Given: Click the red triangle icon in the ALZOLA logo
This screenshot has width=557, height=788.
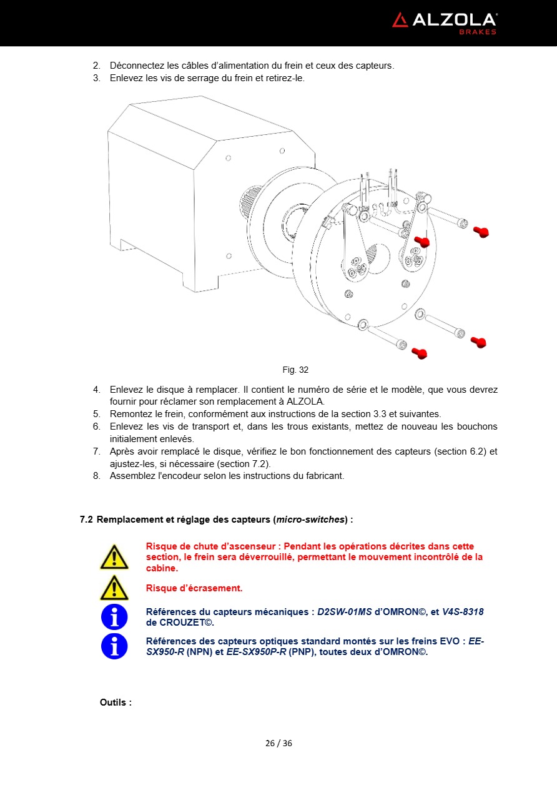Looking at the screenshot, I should coord(400,20).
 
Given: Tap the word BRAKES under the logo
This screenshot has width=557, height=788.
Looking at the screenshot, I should coord(478,32).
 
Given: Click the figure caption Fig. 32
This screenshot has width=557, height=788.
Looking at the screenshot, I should coord(295,370).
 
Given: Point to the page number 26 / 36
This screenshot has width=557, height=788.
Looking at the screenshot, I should coord(278,743).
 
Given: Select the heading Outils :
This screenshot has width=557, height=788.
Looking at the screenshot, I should coord(116,702).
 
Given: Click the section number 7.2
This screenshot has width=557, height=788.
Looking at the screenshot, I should coord(86,520).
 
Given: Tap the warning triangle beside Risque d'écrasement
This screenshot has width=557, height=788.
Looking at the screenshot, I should coord(114,588).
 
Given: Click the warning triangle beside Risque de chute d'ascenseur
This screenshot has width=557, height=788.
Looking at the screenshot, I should coord(114,557).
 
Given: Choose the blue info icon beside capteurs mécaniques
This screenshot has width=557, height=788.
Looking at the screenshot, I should coord(114,617).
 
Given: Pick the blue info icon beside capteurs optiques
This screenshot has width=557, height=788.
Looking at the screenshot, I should coord(114,646).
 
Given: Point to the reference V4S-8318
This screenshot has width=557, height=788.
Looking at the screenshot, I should coord(463,612).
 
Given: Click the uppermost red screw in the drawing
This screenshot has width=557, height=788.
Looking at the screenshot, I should coord(480,232).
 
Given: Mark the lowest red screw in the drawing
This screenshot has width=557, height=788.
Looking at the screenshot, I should coord(420,354).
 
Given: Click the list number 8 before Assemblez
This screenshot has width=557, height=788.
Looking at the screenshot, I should coord(97,476).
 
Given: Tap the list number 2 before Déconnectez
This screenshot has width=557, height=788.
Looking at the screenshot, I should coord(97,66).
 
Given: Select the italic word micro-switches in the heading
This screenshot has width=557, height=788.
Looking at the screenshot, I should coord(310,520).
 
